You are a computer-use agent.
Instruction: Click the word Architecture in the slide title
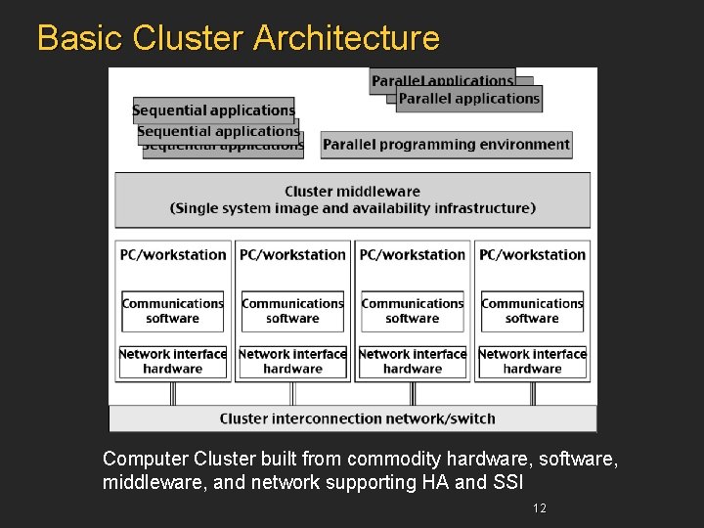coord(346,38)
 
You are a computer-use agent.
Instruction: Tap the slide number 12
coord(539,507)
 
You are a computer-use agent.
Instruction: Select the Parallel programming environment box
coord(446,145)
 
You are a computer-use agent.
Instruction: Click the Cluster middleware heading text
coord(352,192)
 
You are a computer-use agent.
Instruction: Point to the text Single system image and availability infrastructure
coord(352,208)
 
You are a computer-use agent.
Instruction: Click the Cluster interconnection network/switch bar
coord(357,418)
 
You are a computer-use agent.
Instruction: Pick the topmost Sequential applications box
coord(213,110)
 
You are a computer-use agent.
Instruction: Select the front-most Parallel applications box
coord(468,99)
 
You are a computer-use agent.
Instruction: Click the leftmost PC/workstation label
coord(173,255)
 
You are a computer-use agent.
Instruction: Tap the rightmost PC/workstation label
coord(532,255)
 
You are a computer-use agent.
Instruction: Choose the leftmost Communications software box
coord(173,311)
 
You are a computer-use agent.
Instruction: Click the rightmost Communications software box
coord(532,311)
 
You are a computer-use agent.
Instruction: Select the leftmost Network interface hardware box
coord(173,362)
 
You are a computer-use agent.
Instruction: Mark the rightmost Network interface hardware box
coord(532,362)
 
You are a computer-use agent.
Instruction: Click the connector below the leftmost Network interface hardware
coord(173,392)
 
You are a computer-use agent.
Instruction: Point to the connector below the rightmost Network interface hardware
coord(532,392)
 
